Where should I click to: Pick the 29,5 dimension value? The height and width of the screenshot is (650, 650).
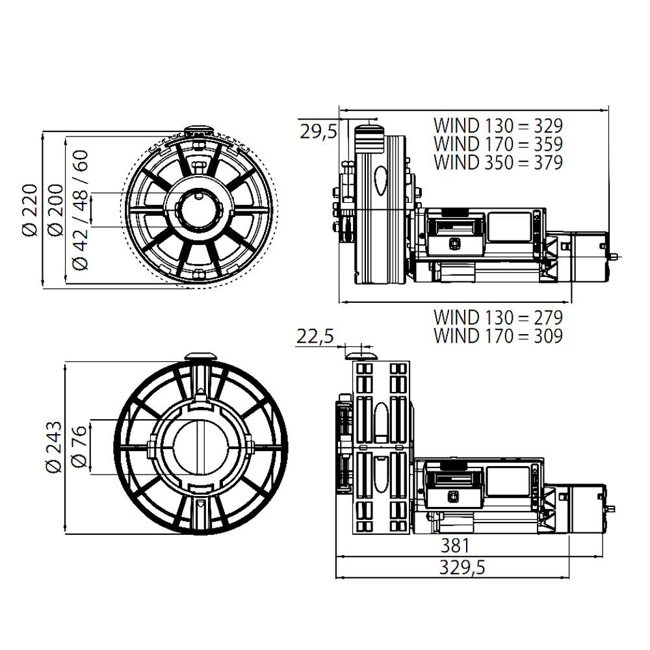[318, 132]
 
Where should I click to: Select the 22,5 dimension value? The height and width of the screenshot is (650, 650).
[315, 337]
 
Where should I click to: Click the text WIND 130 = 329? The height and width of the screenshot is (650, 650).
[498, 125]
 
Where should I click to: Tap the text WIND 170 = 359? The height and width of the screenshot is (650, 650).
[498, 144]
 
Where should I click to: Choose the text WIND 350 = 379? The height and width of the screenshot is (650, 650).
[498, 162]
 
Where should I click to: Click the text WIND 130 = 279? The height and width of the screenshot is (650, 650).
[498, 318]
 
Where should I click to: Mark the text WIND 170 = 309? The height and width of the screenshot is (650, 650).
[498, 336]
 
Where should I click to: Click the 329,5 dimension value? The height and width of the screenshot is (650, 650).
[460, 567]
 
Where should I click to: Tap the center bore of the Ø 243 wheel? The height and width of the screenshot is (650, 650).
[201, 448]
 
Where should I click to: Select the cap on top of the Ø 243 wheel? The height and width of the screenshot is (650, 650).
[201, 356]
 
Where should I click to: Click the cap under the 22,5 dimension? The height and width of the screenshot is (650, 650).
[361, 356]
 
